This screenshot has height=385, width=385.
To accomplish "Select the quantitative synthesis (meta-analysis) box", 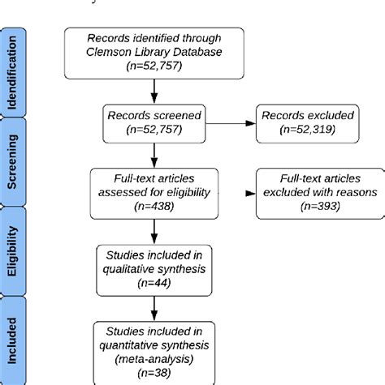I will pyautogui.click(x=154, y=349).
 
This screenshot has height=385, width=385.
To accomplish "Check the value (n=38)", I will pyautogui.click(x=154, y=374).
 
